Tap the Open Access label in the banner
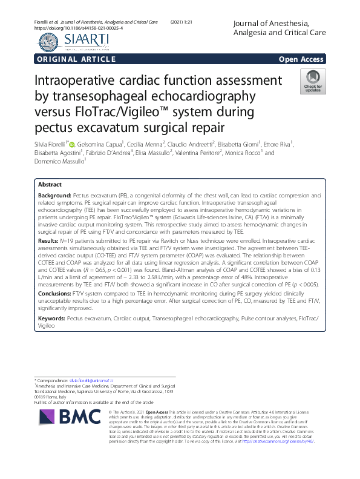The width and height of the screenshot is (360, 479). click(x=301, y=59)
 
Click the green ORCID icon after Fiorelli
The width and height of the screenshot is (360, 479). click(x=72, y=144)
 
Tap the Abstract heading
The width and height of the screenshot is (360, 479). click(x=50, y=184)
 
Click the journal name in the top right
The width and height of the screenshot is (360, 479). click(x=278, y=27)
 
